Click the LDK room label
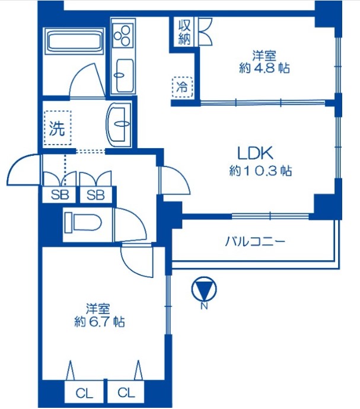255,154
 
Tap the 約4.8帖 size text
264,68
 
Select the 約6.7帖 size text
99,322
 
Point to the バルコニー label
255,241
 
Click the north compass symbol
204,289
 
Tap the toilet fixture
83,222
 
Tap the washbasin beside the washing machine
119,123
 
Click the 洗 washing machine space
58,128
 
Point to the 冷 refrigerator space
182,87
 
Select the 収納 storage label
184,33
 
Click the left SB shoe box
59,194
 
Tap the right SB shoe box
95,194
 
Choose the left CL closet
84,394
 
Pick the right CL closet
126,392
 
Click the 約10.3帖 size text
260,171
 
